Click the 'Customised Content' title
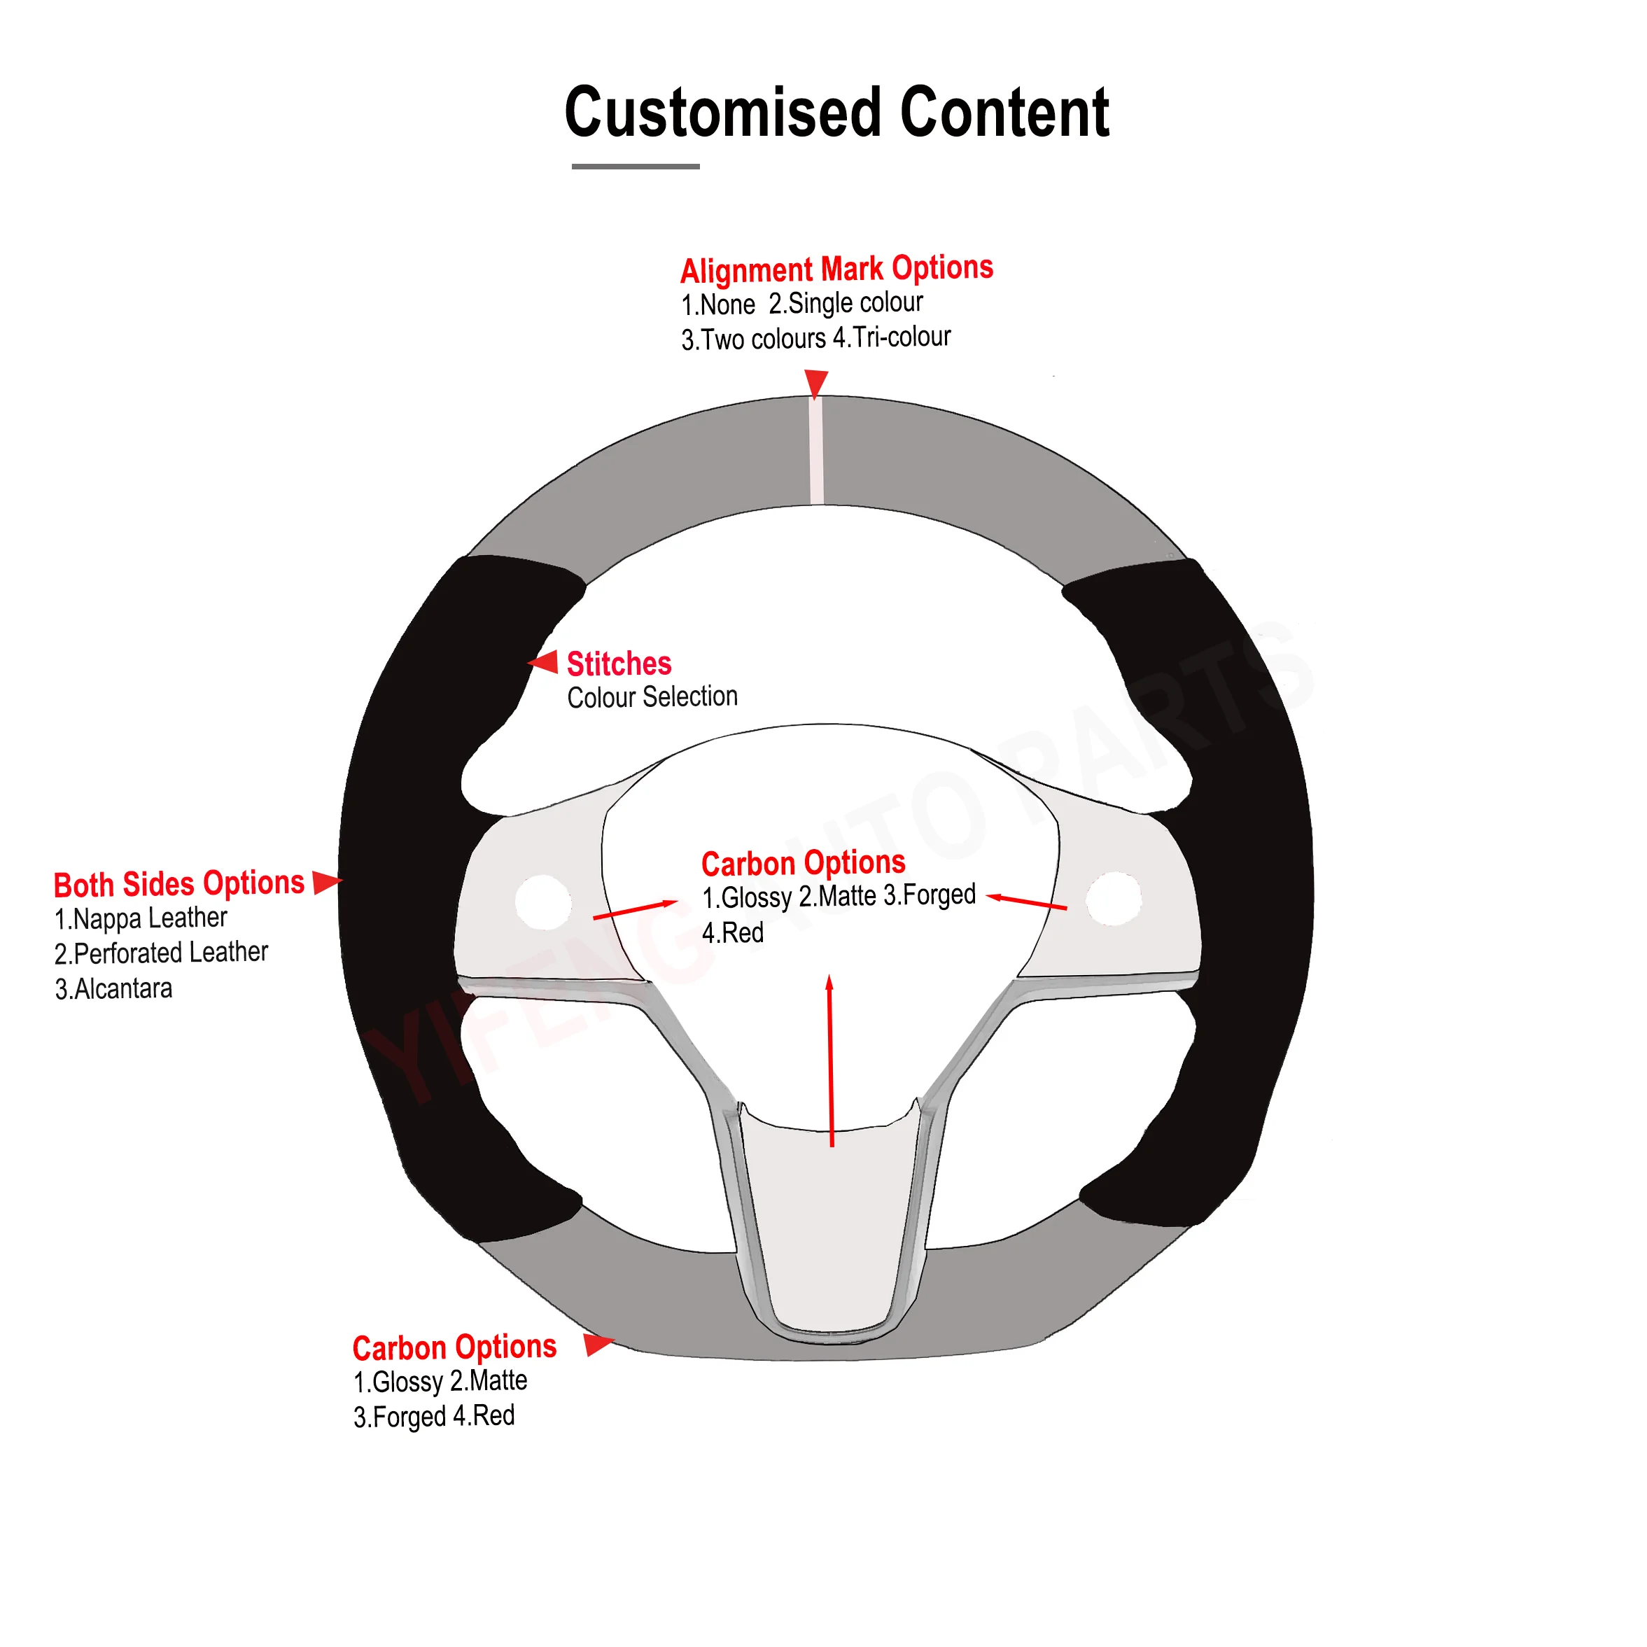tap(836, 113)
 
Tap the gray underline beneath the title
tap(635, 166)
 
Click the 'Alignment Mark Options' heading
tap(836, 269)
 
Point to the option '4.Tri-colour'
tap(892, 337)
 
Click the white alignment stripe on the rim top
tap(816, 451)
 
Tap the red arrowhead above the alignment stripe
tap(816, 383)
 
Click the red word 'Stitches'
tap(619, 664)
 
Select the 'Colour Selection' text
tap(652, 697)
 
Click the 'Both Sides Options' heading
tap(179, 883)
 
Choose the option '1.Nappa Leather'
tap(141, 918)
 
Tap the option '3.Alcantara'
tap(113, 989)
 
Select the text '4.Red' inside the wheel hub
tap(732, 932)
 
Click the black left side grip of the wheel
tap(409, 895)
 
